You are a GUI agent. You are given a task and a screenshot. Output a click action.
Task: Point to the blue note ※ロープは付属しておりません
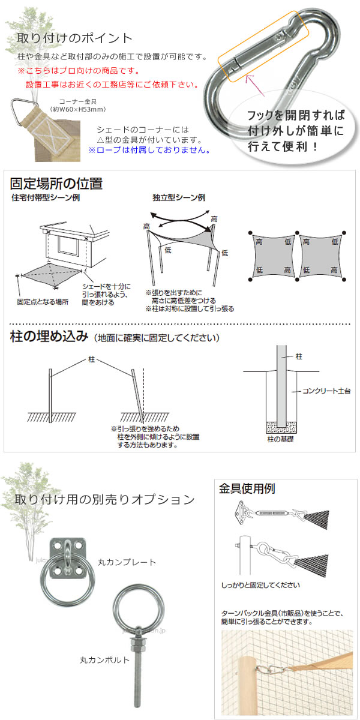click(x=149, y=150)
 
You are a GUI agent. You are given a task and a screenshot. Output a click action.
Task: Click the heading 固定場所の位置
click(x=55, y=183)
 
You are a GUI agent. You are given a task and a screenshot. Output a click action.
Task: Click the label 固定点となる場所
click(x=43, y=302)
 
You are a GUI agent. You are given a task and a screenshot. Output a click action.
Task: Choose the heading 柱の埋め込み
click(x=50, y=337)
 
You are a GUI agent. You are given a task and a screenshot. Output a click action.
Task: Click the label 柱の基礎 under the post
click(x=281, y=440)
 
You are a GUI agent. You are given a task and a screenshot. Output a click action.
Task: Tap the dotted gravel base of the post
click(x=281, y=427)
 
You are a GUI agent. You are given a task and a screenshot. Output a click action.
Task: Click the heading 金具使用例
click(x=247, y=488)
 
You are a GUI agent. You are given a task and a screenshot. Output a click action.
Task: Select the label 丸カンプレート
click(x=127, y=562)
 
